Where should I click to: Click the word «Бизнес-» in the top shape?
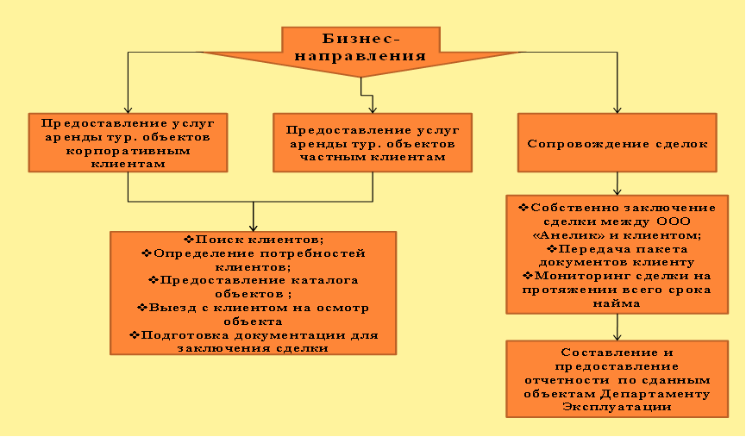click(361, 39)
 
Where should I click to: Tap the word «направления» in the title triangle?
click(361, 54)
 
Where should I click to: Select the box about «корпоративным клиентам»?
click(128, 142)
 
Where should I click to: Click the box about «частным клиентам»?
click(372, 143)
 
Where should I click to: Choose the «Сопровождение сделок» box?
click(617, 143)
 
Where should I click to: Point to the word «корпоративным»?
click(129, 150)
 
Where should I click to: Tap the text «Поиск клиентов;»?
click(254, 239)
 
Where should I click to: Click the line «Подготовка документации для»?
click(254, 334)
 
